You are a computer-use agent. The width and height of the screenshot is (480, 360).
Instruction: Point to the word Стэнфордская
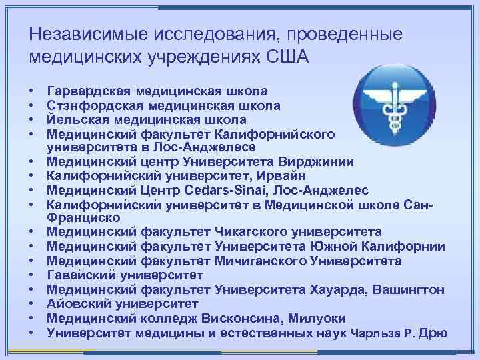tap(89, 106)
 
